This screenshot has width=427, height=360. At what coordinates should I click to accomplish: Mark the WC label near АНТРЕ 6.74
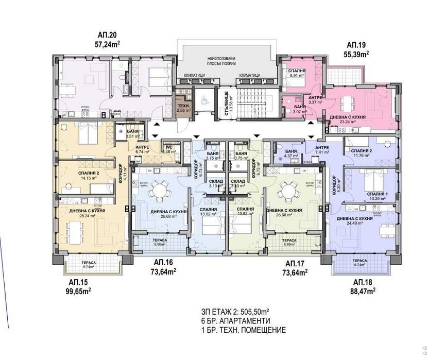[168, 148]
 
